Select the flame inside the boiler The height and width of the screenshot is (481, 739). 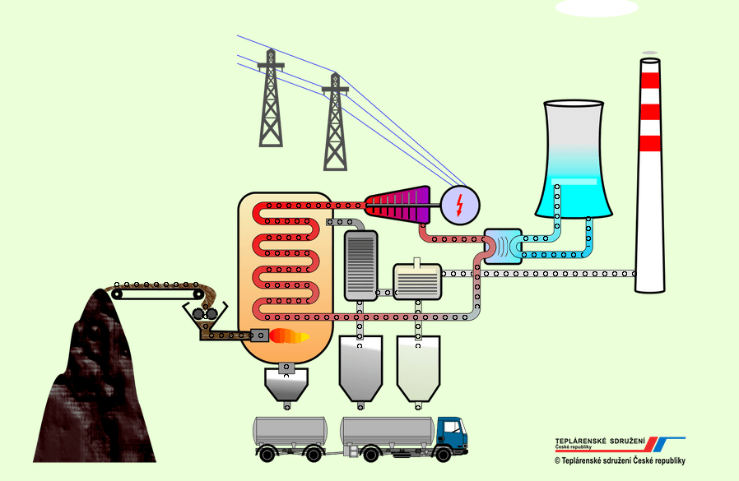[289, 335]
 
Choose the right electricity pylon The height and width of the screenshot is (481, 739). [334, 123]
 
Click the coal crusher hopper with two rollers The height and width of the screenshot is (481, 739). [205, 315]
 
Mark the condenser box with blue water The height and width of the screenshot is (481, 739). [502, 244]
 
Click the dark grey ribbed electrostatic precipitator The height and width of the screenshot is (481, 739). [360, 265]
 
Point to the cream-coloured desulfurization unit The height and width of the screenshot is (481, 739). [417, 280]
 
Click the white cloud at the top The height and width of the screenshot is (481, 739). [597, 7]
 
